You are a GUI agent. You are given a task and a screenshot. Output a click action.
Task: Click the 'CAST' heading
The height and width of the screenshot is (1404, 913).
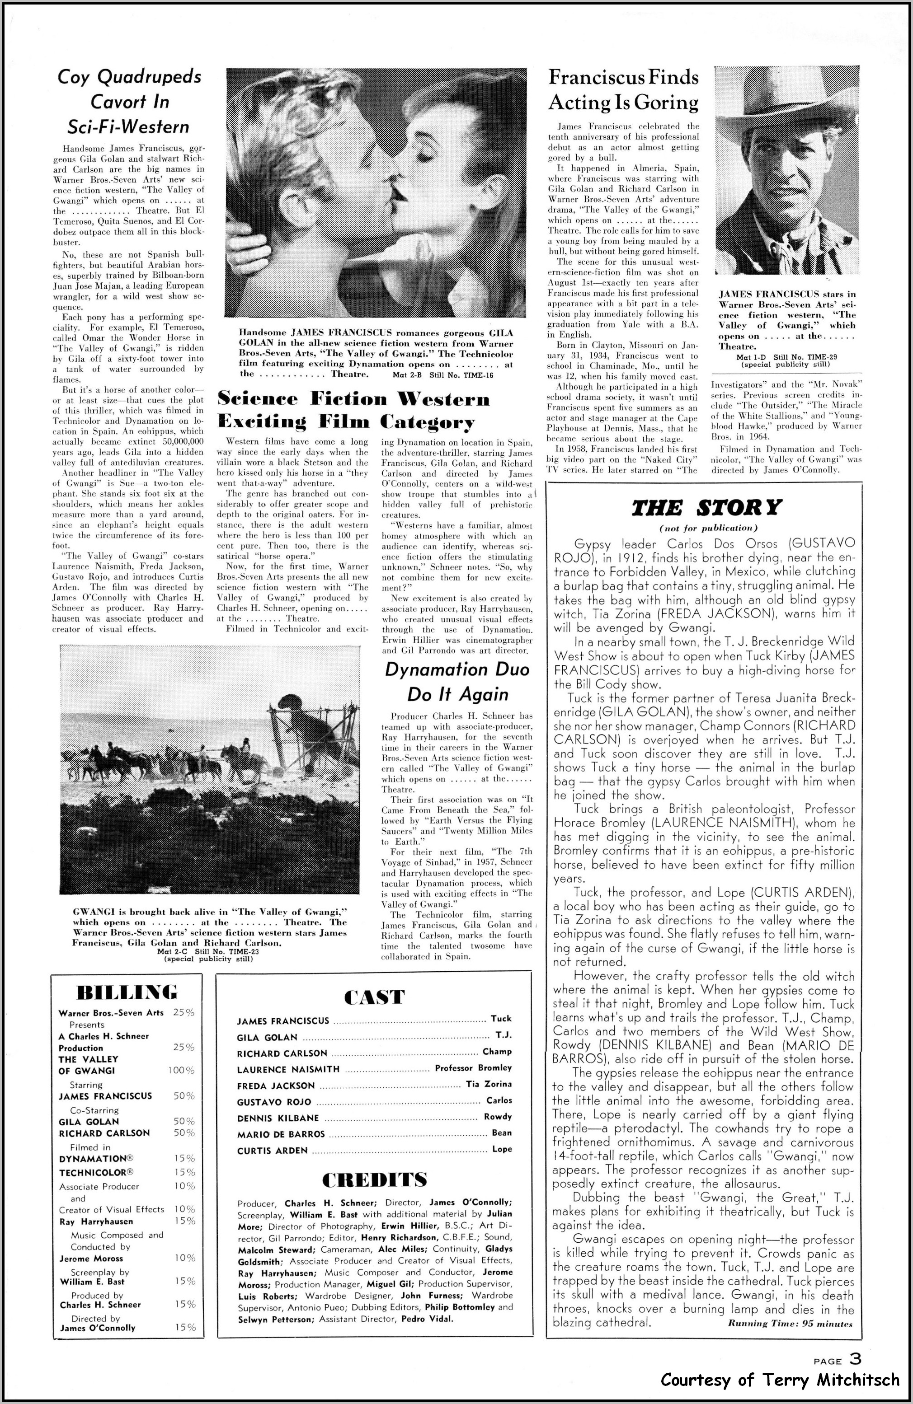click(375, 997)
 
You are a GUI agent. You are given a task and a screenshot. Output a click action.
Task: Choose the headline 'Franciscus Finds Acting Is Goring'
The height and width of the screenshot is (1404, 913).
click(623, 89)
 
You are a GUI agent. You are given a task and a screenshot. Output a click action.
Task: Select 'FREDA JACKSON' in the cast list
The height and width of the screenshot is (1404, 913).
click(276, 1086)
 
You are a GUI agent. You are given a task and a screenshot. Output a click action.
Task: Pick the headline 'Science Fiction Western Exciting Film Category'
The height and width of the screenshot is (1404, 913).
click(353, 410)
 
